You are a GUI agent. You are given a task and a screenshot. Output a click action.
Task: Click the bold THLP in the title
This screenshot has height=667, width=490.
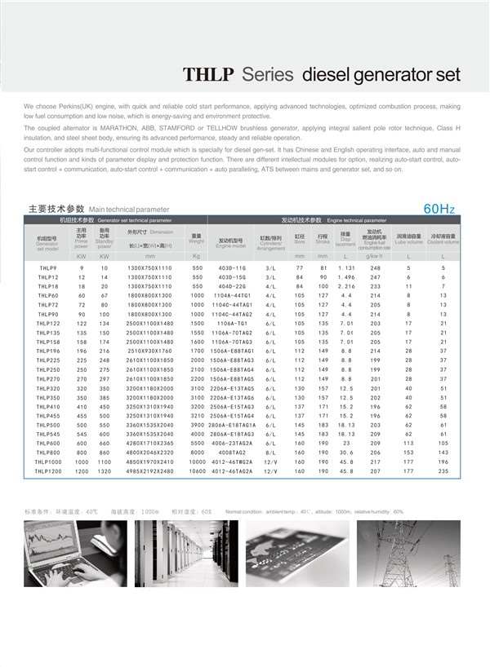pos(209,75)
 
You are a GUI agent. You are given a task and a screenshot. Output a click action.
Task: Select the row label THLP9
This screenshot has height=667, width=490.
pos(47,267)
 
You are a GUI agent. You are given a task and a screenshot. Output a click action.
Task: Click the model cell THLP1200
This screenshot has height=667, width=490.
pos(47,470)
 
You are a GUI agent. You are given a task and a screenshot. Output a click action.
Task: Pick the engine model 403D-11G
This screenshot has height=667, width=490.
pos(232,267)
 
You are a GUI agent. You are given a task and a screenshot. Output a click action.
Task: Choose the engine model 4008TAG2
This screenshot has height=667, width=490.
pos(232,452)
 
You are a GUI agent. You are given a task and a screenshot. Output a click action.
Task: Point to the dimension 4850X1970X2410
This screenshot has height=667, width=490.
pos(149,462)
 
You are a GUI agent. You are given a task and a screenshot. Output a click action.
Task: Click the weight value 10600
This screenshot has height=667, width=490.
pos(197,470)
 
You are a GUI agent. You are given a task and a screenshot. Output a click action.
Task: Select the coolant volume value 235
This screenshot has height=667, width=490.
pos(443,470)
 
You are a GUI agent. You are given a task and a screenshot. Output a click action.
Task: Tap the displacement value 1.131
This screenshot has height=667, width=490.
pos(346,267)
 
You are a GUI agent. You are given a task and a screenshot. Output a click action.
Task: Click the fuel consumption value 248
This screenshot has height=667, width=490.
pos(375,267)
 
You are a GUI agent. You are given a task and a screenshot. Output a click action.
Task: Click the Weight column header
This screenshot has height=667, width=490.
pos(197,237)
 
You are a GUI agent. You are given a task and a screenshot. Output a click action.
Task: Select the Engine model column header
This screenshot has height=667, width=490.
pos(232,241)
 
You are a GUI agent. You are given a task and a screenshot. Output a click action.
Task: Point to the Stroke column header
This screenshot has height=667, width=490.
pos(323,238)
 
